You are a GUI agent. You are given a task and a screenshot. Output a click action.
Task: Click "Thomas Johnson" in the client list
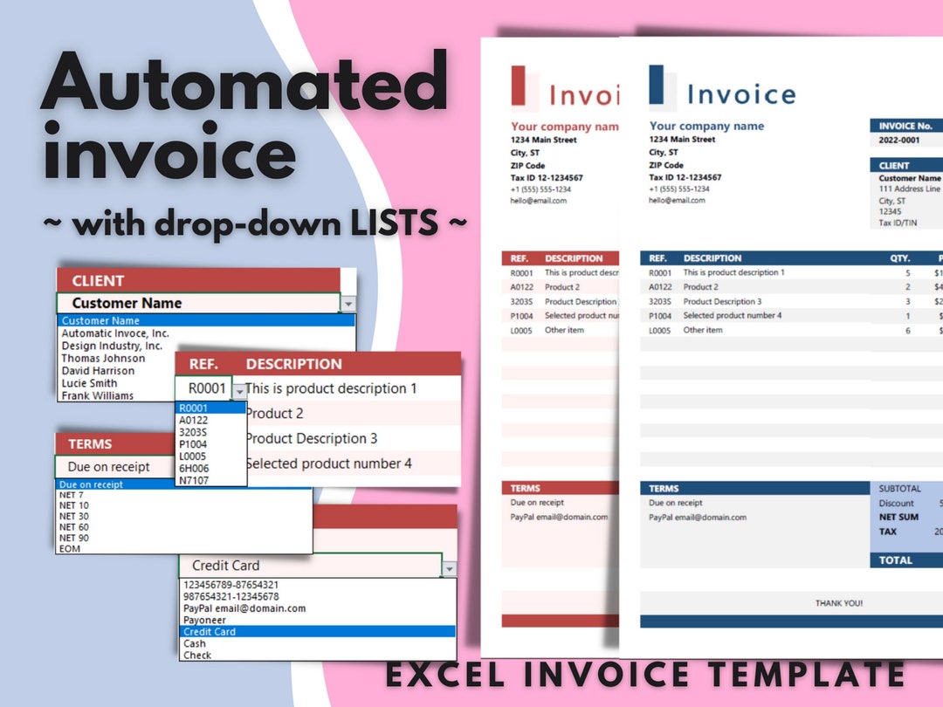(103, 358)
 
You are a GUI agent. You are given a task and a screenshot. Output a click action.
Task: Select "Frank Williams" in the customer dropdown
(97, 395)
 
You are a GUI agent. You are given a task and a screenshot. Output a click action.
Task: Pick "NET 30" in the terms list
(73, 516)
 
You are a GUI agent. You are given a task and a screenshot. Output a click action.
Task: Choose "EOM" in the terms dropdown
(69, 548)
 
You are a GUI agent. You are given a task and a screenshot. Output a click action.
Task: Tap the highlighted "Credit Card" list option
(210, 631)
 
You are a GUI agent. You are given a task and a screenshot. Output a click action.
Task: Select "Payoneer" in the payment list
(205, 620)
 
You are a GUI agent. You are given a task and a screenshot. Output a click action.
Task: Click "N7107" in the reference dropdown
(193, 480)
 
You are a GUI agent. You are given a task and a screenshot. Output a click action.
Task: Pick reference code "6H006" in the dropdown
(194, 468)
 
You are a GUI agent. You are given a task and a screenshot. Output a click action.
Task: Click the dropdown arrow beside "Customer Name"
(348, 304)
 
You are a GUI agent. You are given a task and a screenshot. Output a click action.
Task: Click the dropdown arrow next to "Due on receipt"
(303, 468)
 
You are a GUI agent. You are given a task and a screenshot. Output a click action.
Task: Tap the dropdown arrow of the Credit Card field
(449, 568)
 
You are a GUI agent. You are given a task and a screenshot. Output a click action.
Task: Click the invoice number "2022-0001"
(898, 140)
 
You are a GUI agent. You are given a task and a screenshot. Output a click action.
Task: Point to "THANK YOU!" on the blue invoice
(838, 603)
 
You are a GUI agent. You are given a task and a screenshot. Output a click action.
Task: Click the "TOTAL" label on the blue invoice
(895, 560)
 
